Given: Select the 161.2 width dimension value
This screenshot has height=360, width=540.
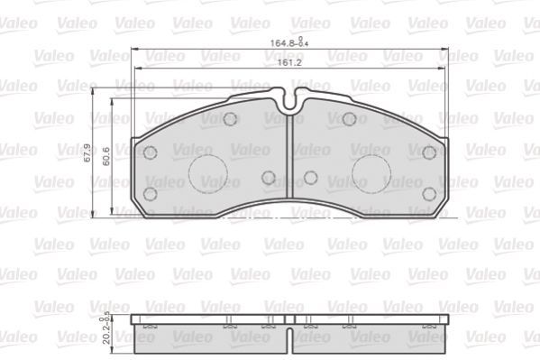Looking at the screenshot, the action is click(289, 63).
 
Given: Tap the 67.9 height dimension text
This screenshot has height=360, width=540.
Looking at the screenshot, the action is click(87, 152).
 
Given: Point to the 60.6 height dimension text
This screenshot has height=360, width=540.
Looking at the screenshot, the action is click(106, 156).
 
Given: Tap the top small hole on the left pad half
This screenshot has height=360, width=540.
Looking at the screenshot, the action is click(230, 119).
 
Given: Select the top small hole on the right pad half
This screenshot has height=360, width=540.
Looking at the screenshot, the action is click(349, 119).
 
